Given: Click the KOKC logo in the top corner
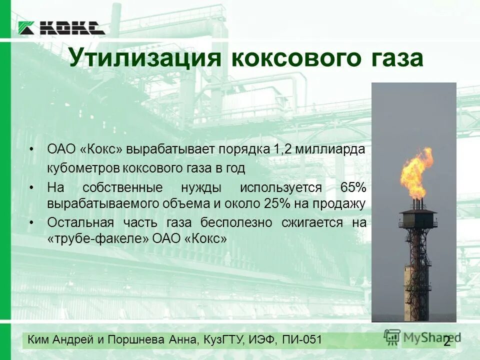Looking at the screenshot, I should pyautogui.click(x=61, y=28).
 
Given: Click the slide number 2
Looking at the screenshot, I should pyautogui.click(x=446, y=342).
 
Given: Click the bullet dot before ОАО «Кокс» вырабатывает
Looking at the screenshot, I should pyautogui.click(x=32, y=149).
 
